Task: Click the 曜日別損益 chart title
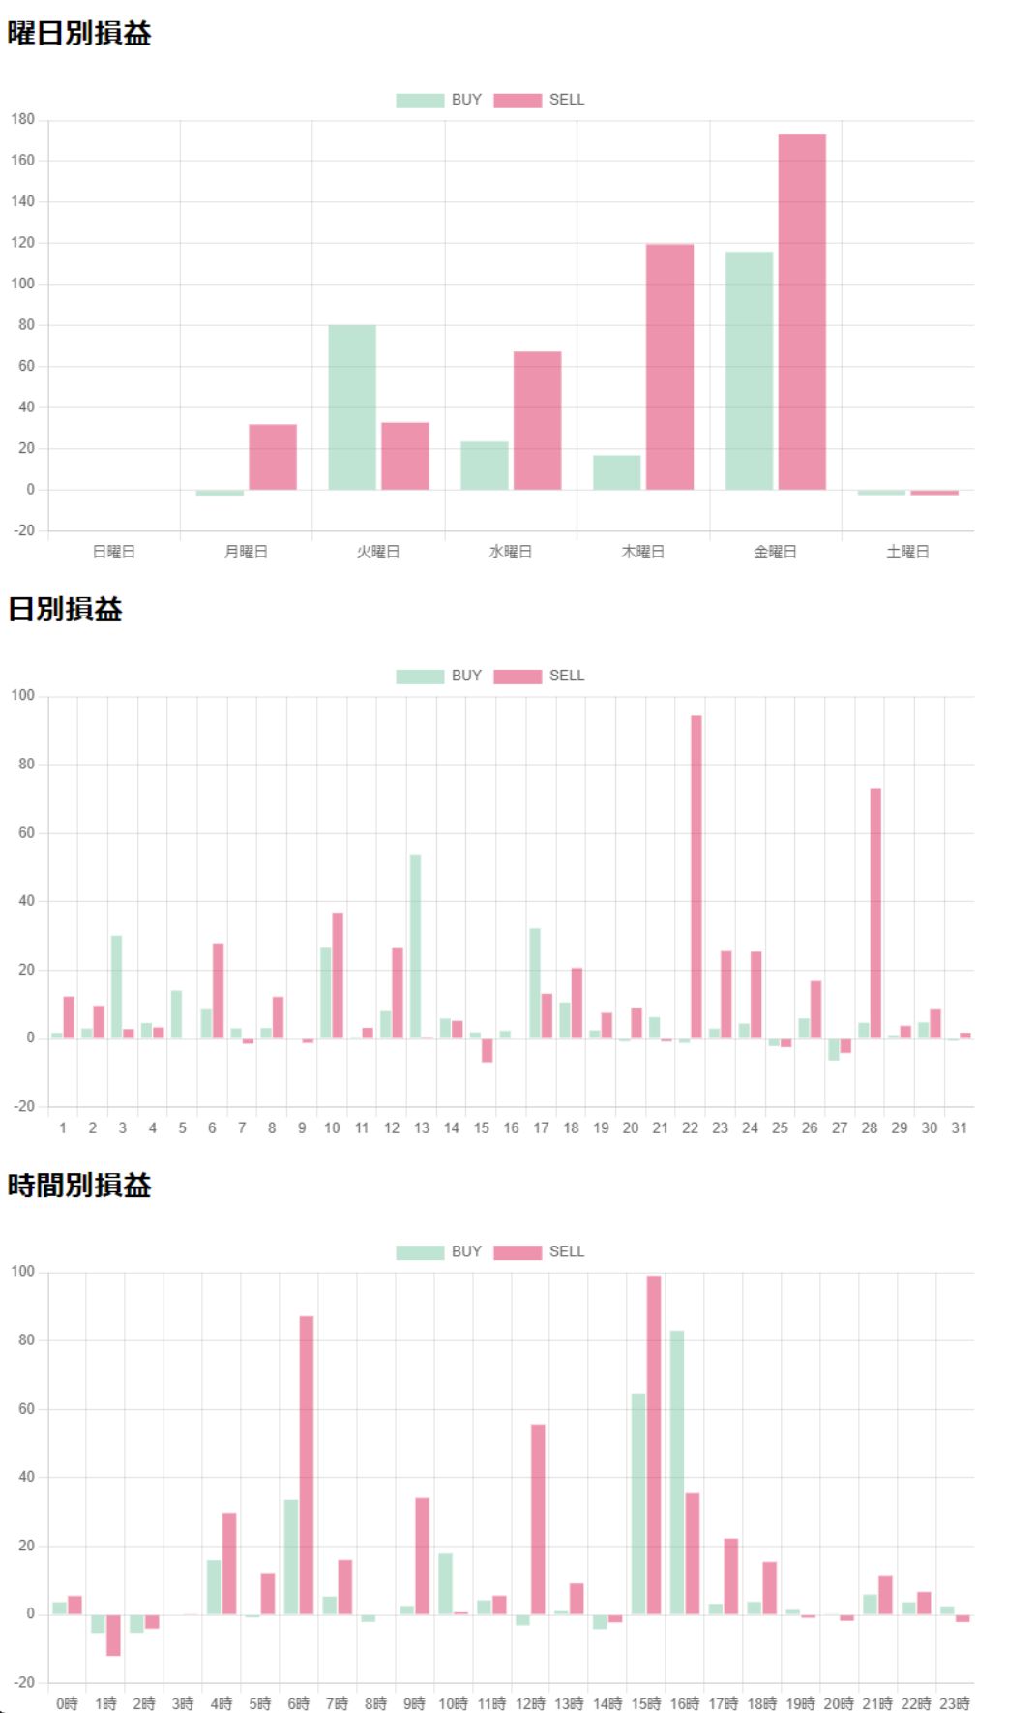(x=79, y=34)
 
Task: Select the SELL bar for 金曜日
(x=802, y=312)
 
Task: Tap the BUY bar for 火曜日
(x=352, y=407)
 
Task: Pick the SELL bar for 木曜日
(x=669, y=367)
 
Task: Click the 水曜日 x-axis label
(x=511, y=552)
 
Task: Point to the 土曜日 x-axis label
(x=907, y=552)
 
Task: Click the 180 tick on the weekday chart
(x=23, y=119)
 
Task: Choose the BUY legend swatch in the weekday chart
(x=420, y=100)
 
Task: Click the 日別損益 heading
(x=65, y=610)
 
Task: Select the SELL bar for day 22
(x=696, y=877)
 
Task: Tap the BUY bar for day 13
(x=416, y=947)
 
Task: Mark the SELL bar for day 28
(x=875, y=913)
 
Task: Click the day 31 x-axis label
(x=959, y=1128)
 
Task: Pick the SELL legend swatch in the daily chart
(x=518, y=676)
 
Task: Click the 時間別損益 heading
(x=79, y=1186)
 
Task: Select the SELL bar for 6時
(x=307, y=1464)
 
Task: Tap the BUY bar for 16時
(x=677, y=1472)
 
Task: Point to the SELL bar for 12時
(x=538, y=1518)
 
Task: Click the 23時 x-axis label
(x=955, y=1703)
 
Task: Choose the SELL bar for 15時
(x=654, y=1444)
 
